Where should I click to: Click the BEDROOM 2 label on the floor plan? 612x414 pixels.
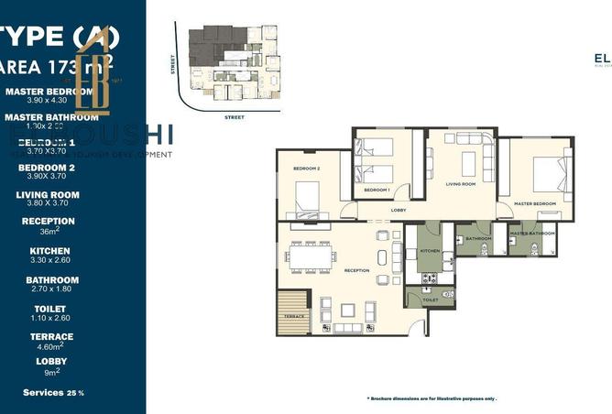[306, 169]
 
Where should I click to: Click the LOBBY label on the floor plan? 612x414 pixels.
[398, 210]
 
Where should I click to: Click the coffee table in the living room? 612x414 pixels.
[468, 164]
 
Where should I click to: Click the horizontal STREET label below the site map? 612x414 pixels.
[235, 117]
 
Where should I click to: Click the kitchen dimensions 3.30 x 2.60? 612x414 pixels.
[49, 260]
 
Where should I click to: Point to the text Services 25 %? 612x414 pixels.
[53, 392]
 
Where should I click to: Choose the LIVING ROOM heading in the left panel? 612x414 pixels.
[48, 194]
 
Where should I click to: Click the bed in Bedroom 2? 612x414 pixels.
[307, 195]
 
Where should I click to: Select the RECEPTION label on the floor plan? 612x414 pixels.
[356, 270]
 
